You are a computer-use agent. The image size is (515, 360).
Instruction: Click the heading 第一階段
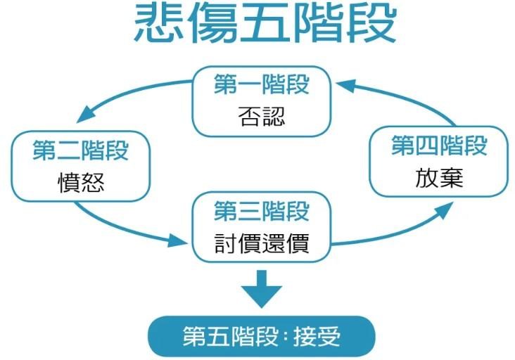click(262, 84)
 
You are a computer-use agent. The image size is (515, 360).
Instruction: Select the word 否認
click(262, 117)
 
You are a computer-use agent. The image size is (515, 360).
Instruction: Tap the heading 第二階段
click(80, 150)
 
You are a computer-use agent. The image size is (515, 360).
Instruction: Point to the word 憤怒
click(81, 183)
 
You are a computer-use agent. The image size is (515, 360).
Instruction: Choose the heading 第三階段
click(262, 211)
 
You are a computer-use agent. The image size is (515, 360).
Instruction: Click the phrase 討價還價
click(262, 243)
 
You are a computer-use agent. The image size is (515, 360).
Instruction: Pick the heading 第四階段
click(439, 146)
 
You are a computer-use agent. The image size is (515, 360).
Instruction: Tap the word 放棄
click(439, 178)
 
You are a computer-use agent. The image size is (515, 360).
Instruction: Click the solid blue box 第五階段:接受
click(262, 336)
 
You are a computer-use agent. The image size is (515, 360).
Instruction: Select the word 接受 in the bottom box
click(317, 336)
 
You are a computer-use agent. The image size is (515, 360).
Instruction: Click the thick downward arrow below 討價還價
click(262, 289)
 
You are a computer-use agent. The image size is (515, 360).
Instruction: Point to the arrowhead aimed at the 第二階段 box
click(85, 115)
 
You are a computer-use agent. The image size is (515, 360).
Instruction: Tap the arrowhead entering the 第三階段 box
click(177, 241)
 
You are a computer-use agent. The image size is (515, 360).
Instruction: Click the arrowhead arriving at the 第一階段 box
click(346, 86)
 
